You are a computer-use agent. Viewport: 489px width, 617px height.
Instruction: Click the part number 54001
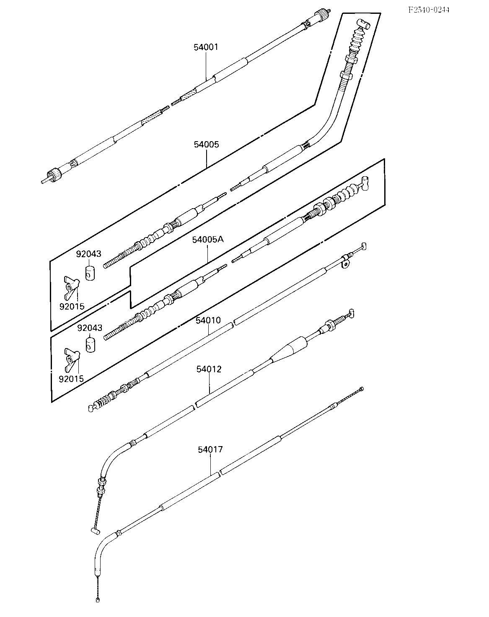coord(206,47)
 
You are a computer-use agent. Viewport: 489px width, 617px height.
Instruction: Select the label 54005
coord(206,145)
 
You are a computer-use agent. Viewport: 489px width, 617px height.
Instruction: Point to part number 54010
coord(208,320)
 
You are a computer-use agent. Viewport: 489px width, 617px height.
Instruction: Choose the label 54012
coord(209,369)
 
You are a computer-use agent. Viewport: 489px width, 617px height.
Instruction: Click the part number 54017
coord(210,449)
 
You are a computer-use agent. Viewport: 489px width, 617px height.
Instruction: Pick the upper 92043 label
coord(88,254)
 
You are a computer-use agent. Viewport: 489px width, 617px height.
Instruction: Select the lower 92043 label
coord(90,328)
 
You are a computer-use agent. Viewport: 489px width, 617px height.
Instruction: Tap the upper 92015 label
coord(72,306)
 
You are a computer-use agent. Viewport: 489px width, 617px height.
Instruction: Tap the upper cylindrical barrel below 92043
coord(91,273)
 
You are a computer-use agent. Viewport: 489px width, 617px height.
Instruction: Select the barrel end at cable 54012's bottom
coord(95,531)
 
